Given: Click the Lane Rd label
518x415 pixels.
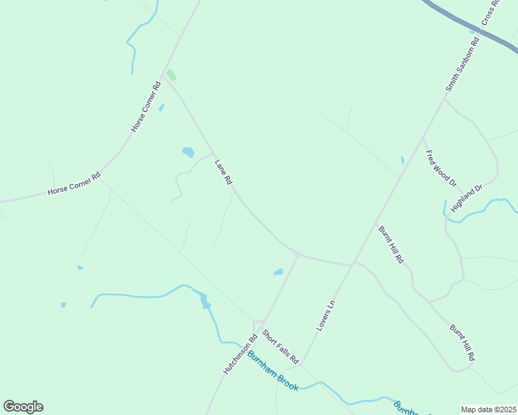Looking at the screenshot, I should pos(223,173).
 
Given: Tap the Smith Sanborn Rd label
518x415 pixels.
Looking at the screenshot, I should pos(461,66).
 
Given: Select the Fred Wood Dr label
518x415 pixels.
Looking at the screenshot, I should pos(440,168).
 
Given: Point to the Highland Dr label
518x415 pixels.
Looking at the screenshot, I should pos(466,199).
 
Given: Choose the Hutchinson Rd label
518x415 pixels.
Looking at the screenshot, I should pos(240,354).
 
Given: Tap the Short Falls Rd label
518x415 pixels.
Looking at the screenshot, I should pos(280,347).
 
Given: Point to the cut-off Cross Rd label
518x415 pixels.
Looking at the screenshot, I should pos(490,12).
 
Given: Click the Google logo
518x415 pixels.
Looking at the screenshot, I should pos(23,407).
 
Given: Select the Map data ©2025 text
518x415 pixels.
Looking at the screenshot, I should pos(489,409).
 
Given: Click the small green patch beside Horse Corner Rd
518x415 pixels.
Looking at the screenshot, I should pos(171,75).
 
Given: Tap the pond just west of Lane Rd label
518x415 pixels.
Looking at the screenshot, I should pos(188,152).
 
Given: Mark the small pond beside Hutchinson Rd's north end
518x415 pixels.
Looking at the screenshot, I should pos(278,272).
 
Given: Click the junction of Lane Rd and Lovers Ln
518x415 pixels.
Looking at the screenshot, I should pos(353,264).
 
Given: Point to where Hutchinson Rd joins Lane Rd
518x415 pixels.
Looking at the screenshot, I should pos(298,255).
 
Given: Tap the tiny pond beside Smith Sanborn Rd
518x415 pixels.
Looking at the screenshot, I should pos(402,160).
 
